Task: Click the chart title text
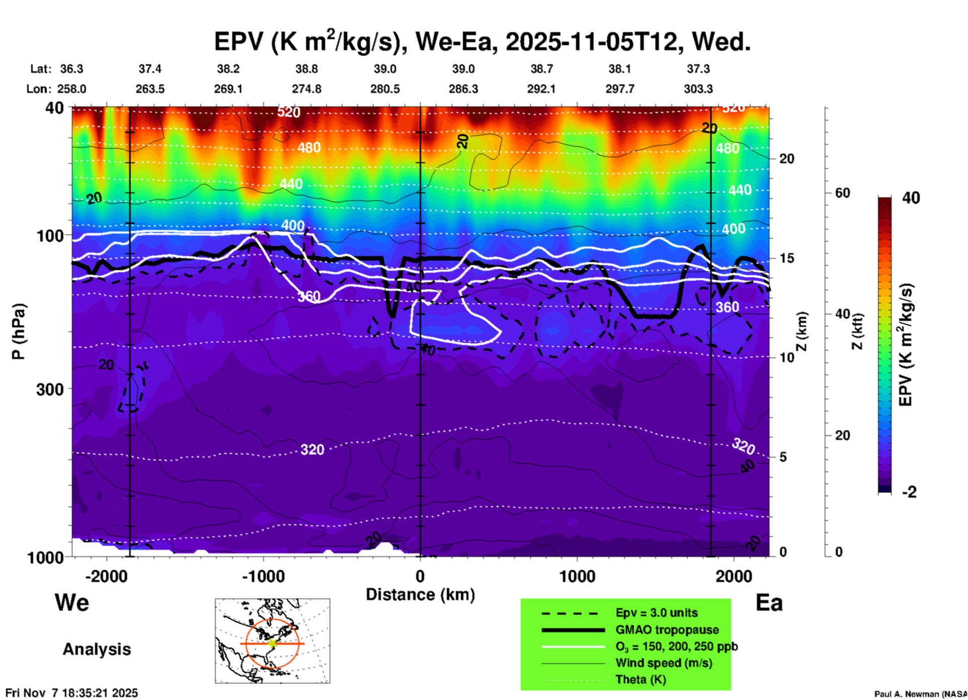[482, 41]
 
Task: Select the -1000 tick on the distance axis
[263, 576]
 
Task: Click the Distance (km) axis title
[420, 595]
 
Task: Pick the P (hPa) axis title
[19, 331]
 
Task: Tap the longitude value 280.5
[385, 89]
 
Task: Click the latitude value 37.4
[150, 69]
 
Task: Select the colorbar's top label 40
[911, 198]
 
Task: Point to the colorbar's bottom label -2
[909, 492]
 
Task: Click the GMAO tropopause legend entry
[667, 630]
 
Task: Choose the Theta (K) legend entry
[640, 679]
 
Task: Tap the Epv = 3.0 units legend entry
[656, 613]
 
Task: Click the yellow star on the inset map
[272, 643]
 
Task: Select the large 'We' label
[72, 603]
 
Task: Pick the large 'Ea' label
[769, 603]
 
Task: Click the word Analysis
[96, 649]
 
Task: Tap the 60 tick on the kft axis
[842, 193]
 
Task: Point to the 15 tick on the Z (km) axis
[787, 258]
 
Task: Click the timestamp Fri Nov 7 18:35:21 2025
[71, 693]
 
